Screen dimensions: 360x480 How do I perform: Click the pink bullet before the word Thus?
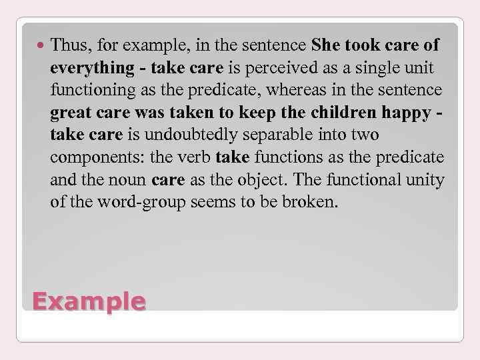pyautogui.click(x=41, y=46)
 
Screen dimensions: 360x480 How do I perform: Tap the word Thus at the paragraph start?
pyautogui.click(x=67, y=46)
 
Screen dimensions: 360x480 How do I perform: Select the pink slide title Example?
pyautogui.click(x=89, y=301)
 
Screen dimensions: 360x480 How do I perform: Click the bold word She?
pyautogui.click(x=325, y=46)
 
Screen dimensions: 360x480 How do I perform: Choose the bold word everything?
pyautogui.click(x=91, y=68)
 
